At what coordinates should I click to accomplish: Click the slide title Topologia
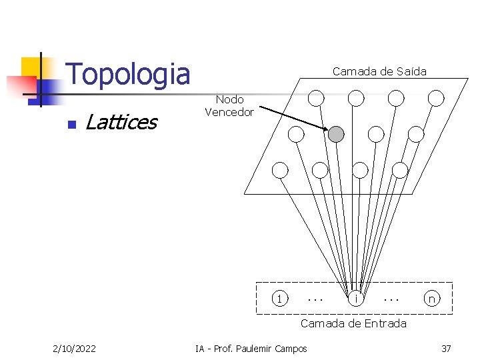tap(129, 73)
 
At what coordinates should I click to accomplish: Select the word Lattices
tap(121, 122)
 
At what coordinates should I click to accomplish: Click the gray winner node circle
tap(337, 135)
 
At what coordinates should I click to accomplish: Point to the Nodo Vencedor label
tap(229, 106)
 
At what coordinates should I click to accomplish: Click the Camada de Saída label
tap(379, 71)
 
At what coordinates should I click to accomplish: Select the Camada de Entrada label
tap(353, 323)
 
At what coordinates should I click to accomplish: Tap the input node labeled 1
tap(281, 298)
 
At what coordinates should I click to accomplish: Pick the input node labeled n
tap(432, 299)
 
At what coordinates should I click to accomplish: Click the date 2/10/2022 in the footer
tap(74, 348)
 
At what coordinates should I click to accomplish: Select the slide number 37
tap(446, 348)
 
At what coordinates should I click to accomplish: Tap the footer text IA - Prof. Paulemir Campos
tap(251, 348)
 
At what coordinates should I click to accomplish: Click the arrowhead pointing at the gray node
tap(324, 130)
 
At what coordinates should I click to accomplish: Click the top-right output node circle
tap(436, 99)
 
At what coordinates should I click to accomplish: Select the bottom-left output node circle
tap(281, 170)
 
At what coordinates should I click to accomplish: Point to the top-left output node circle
tap(316, 99)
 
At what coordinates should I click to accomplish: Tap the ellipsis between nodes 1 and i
tap(315, 298)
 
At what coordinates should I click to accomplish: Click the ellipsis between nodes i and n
tap(391, 298)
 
